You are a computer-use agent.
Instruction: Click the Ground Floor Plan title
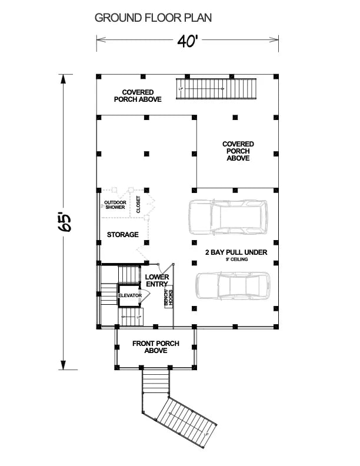[x=153, y=18]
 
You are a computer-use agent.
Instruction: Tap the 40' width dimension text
[x=187, y=42]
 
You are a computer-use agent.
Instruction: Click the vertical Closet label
[x=139, y=204]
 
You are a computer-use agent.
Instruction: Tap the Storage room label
[x=122, y=234]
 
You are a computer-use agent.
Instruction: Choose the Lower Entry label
[x=157, y=281]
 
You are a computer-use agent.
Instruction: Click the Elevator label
[x=129, y=295]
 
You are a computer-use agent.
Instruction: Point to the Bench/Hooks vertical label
[x=169, y=298]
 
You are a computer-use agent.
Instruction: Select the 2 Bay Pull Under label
[x=236, y=252]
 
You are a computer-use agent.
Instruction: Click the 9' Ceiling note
[x=236, y=259]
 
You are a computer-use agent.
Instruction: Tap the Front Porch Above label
[x=155, y=347]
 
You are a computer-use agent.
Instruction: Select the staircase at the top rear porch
[x=217, y=89]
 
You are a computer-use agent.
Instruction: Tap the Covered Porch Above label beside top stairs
[x=138, y=96]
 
